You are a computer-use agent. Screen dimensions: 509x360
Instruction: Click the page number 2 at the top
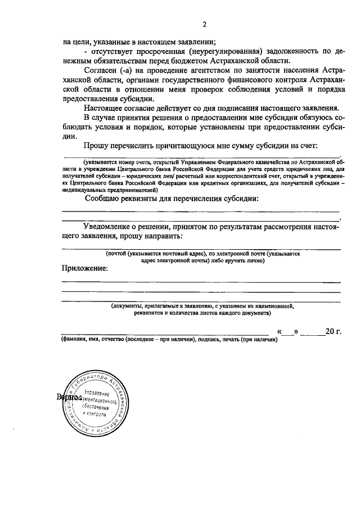click(205, 24)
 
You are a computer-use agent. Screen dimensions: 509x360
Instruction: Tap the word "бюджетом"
click(203, 60)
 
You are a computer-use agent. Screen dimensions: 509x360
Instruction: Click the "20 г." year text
click(333, 331)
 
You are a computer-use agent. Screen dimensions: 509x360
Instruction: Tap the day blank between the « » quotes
click(288, 331)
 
